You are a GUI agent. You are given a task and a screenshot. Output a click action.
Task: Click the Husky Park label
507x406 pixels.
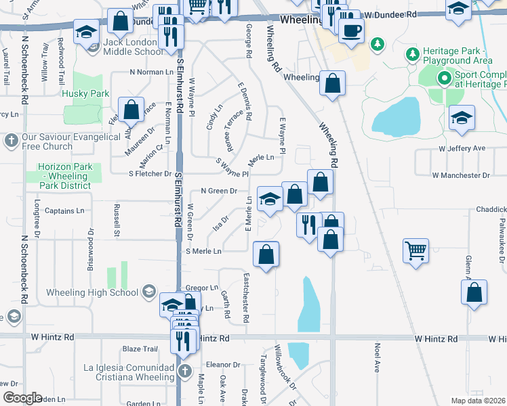click(85, 93)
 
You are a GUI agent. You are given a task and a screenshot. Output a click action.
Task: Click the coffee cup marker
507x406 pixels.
click(351, 30)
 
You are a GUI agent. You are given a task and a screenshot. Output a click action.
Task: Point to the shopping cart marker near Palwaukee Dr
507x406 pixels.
click(416, 250)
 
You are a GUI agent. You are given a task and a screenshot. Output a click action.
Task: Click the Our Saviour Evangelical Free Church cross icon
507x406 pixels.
click(10, 141)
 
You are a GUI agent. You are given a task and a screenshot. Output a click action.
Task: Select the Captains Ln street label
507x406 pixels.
click(64, 210)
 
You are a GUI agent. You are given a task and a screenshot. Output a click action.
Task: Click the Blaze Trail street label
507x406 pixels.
click(140, 348)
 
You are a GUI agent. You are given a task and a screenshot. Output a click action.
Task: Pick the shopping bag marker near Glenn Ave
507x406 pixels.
click(474, 292)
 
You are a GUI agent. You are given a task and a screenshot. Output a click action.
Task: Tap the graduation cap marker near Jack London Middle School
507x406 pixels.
click(86, 32)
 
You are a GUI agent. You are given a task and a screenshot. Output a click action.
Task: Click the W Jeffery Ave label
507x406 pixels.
click(462, 148)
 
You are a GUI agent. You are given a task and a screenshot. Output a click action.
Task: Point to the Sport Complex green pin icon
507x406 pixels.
click(444, 78)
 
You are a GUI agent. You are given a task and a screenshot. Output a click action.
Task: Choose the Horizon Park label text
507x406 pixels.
click(64, 166)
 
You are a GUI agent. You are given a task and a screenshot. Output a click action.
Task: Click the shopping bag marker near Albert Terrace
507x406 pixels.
click(131, 109)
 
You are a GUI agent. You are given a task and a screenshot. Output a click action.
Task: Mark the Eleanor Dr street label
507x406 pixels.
click(224, 364)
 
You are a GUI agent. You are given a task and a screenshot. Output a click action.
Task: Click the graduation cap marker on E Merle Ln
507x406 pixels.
click(270, 200)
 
